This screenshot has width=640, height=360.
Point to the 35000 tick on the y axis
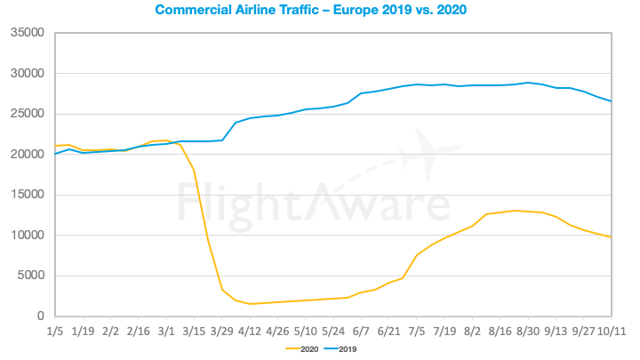(x=27, y=33)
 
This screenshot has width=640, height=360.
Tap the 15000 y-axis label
(x=27, y=195)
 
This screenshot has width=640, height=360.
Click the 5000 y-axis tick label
(x=30, y=276)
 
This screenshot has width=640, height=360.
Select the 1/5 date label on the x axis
(x=56, y=331)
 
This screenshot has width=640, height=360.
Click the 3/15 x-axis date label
(x=195, y=331)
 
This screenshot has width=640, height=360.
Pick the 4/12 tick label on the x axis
(x=251, y=331)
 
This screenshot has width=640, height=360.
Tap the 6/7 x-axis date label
(x=362, y=331)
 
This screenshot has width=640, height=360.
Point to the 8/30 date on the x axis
(x=528, y=331)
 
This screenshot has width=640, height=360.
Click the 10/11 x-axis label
(x=611, y=331)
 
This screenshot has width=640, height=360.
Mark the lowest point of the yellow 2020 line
(x=251, y=304)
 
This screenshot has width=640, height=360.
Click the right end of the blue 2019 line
(x=611, y=101)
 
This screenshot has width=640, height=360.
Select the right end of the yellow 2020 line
(x=611, y=237)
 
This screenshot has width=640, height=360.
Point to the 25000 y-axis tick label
(x=27, y=114)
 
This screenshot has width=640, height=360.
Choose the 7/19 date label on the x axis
(x=444, y=331)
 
